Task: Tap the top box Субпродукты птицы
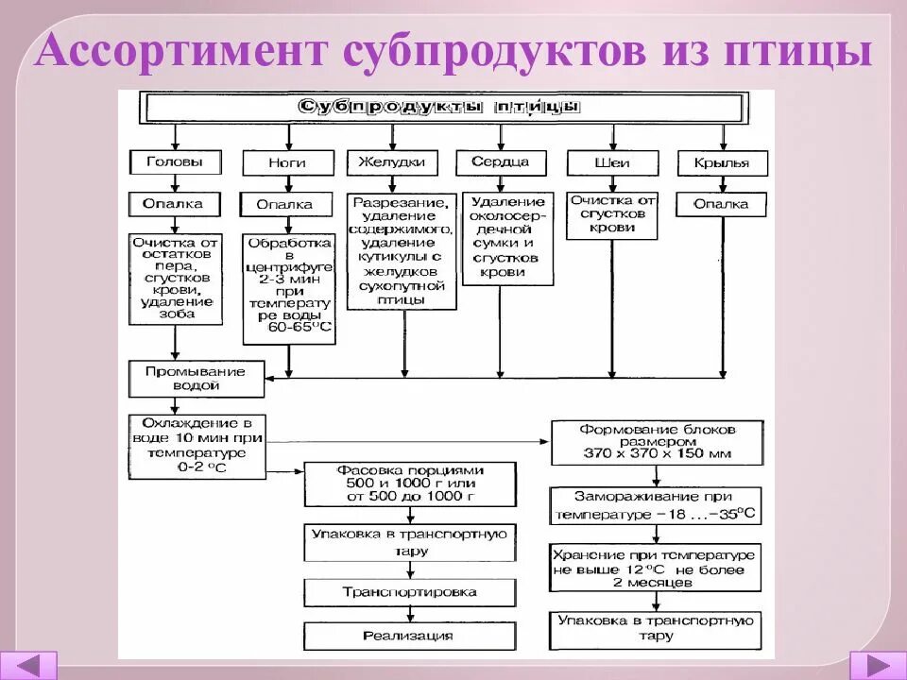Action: click(x=439, y=107)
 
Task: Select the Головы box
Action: click(x=175, y=161)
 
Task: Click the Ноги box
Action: click(x=287, y=162)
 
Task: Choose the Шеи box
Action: click(x=612, y=162)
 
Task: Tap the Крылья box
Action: click(x=723, y=162)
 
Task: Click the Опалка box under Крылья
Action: click(x=723, y=203)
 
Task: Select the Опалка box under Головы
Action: click(x=175, y=203)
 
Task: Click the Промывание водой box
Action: click(x=195, y=378)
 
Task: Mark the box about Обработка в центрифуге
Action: click(x=288, y=289)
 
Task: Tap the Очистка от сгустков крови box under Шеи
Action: click(x=612, y=214)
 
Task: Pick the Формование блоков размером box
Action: click(x=657, y=442)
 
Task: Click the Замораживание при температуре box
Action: click(x=657, y=504)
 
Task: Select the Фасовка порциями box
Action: click(x=410, y=484)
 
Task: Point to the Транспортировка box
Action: click(x=410, y=592)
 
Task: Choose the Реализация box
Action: click(x=410, y=636)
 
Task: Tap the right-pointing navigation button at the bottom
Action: click(x=878, y=664)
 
